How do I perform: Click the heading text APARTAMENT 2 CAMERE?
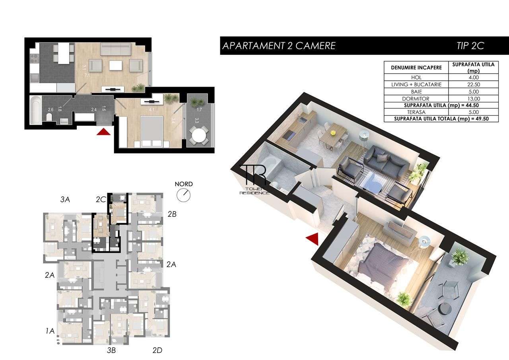(x=279, y=46)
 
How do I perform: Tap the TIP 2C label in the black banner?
(x=470, y=46)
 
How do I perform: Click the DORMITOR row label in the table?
(x=416, y=99)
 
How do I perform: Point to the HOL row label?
(x=416, y=78)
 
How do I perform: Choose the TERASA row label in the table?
(x=416, y=113)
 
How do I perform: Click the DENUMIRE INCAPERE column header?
(x=416, y=68)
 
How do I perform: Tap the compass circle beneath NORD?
(x=184, y=195)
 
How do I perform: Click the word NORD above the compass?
(x=184, y=184)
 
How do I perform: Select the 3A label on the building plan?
(x=65, y=200)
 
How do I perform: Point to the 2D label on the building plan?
(x=158, y=350)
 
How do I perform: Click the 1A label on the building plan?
(x=50, y=330)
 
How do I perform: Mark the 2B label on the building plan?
(x=172, y=214)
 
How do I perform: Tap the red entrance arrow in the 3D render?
(x=312, y=238)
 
